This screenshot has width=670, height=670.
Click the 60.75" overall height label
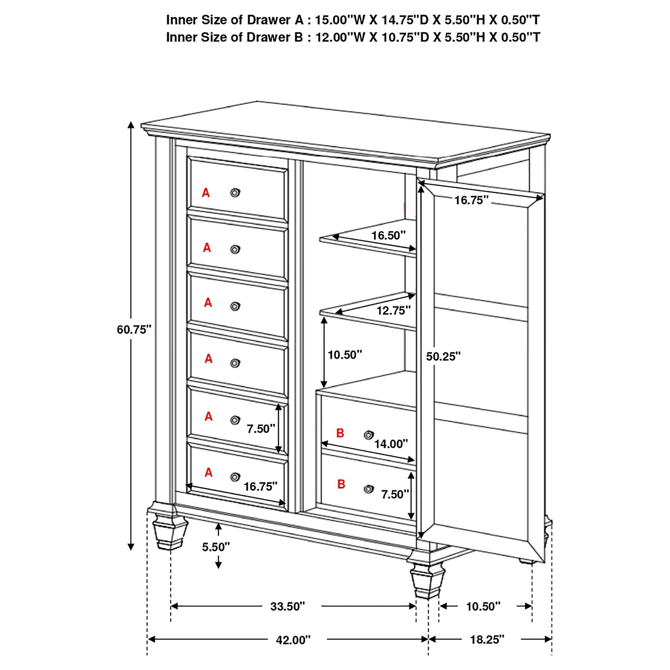click(134, 329)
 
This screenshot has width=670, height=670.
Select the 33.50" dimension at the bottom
click(288, 606)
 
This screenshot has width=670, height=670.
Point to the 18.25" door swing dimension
click(487, 639)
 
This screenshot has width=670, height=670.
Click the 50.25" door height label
click(443, 356)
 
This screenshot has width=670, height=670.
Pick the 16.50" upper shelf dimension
click(388, 236)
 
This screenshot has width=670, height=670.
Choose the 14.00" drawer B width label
click(391, 444)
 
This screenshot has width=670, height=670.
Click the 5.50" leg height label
click(216, 547)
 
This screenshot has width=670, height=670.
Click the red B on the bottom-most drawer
click(341, 484)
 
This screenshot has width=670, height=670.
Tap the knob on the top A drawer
click(235, 192)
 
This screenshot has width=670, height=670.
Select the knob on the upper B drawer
click(369, 435)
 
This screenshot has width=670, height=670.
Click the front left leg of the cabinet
click(170, 531)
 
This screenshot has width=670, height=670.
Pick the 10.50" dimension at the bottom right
click(483, 606)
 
